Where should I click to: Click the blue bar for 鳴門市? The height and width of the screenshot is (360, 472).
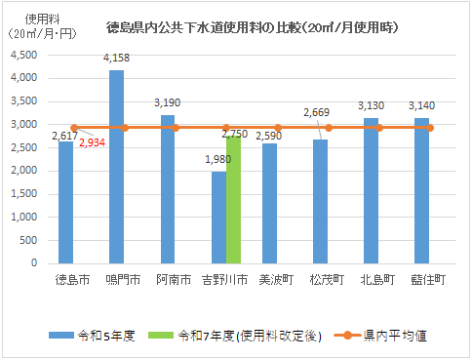(x=116, y=167)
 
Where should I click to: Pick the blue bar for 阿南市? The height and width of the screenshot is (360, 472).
(x=167, y=189)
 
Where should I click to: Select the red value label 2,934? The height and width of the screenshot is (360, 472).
(x=93, y=142)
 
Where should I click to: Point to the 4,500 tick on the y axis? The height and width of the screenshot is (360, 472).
(x=23, y=55)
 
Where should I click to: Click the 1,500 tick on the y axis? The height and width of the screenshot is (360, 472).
(x=23, y=194)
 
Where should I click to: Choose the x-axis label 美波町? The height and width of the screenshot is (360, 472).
(x=276, y=280)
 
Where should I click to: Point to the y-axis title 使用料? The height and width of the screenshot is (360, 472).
(x=35, y=19)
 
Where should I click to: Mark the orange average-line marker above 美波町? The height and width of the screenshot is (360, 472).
(x=277, y=128)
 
